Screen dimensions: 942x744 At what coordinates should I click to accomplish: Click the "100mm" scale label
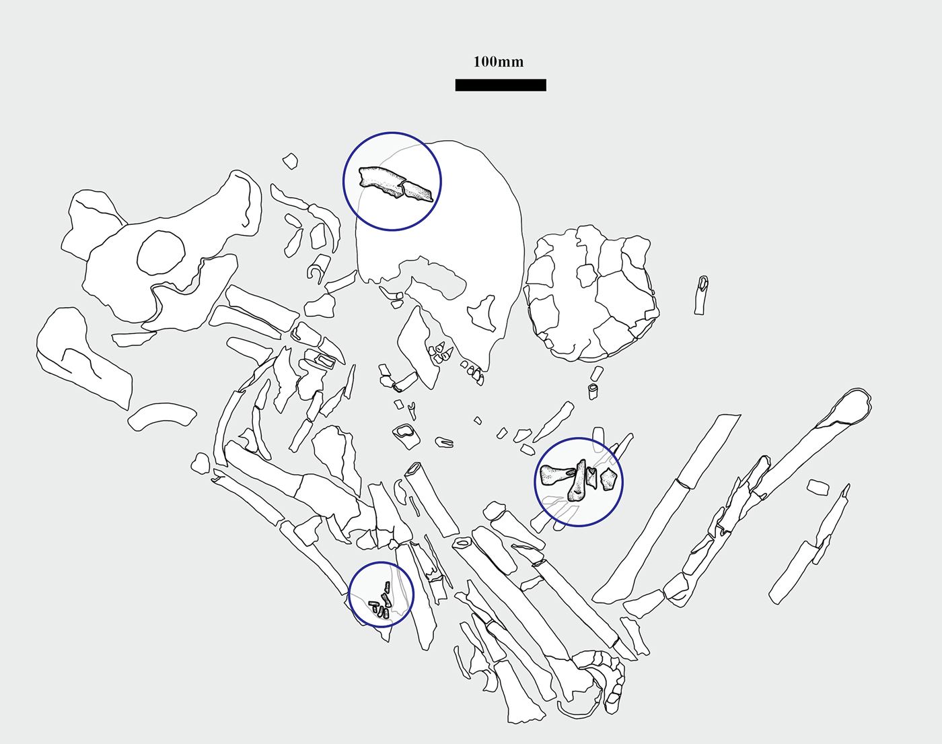498,62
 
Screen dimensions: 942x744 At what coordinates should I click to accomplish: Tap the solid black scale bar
501,85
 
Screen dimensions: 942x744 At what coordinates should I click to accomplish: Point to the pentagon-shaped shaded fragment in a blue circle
609,479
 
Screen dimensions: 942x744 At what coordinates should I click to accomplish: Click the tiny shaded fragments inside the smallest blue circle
380,603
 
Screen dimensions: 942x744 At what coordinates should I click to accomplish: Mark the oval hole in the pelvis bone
161,253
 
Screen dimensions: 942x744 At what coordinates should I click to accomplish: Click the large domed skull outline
440,245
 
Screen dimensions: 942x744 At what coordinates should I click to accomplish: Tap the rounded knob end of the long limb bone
855,405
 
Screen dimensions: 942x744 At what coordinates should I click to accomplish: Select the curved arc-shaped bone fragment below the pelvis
162,416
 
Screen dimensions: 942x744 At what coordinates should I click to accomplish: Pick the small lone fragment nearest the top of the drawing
290,161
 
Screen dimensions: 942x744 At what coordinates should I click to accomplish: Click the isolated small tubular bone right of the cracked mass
701,295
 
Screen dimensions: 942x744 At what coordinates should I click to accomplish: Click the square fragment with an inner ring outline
406,436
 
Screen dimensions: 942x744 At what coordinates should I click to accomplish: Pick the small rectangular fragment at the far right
818,487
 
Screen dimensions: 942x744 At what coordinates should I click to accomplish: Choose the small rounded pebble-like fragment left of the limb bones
201,464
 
